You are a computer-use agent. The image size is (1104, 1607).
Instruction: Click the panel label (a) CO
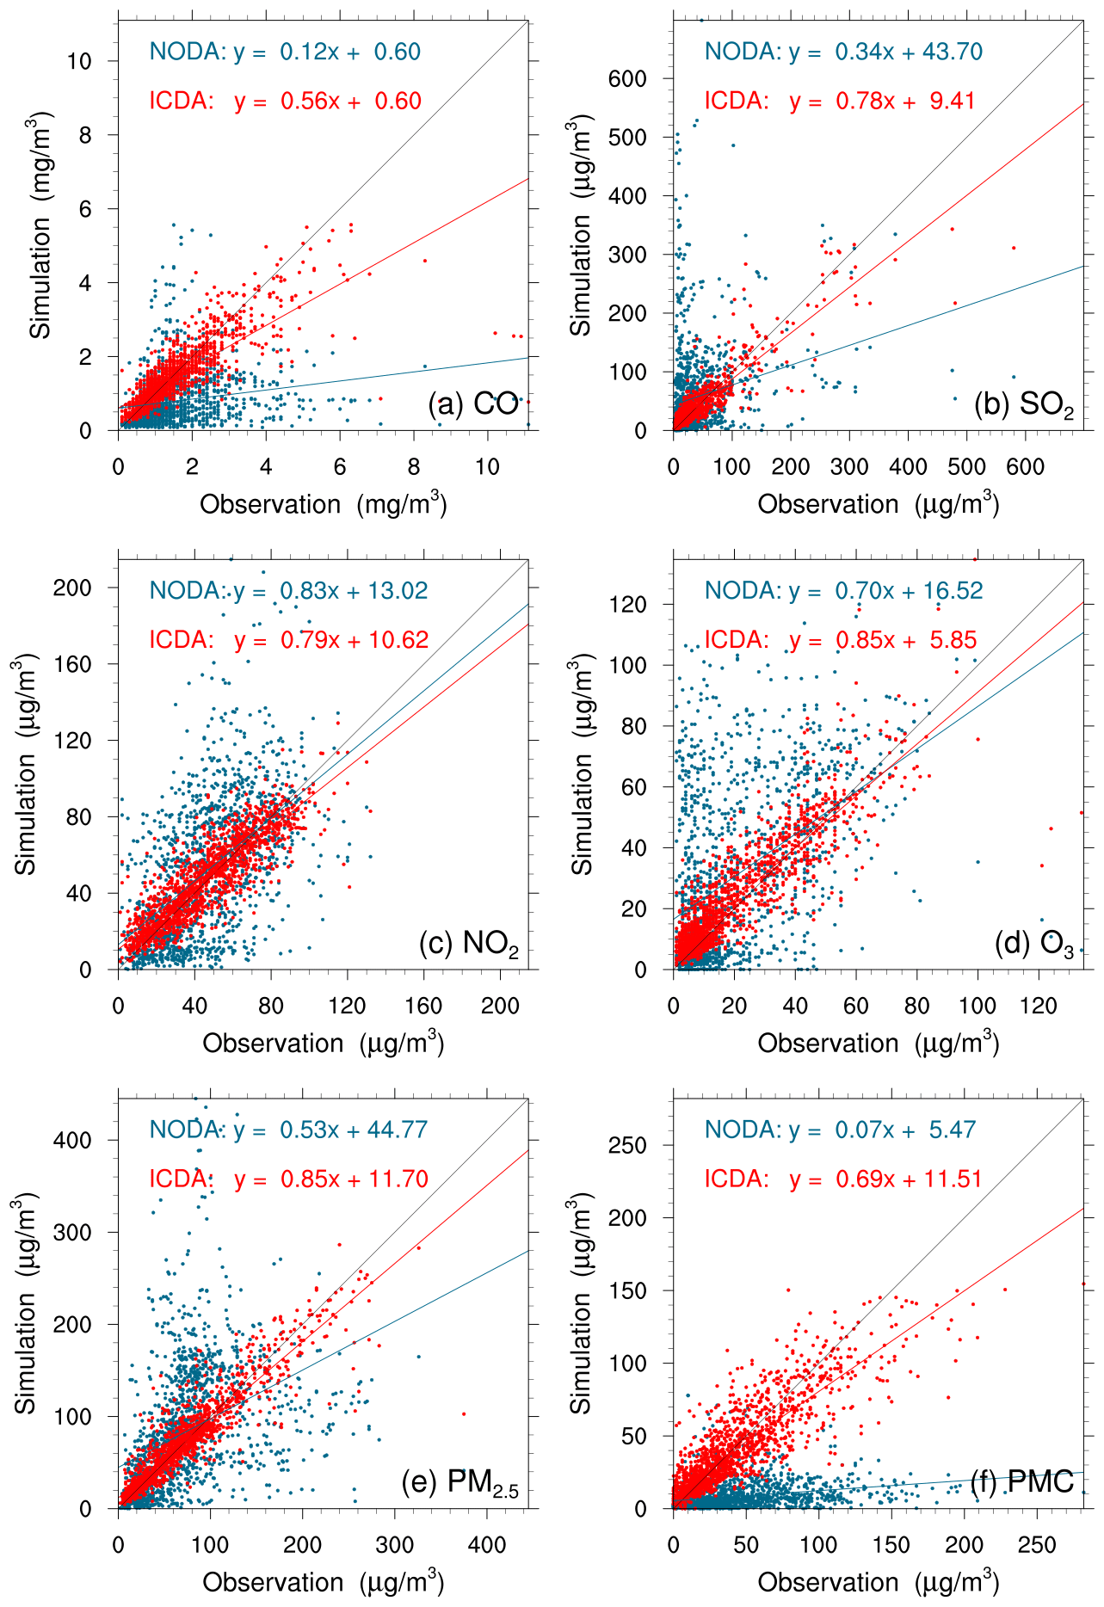(473, 403)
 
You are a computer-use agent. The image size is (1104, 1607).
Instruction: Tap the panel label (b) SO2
(1024, 404)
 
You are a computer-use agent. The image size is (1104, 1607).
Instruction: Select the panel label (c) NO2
(469, 944)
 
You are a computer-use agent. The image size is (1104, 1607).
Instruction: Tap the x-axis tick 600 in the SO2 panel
(1025, 467)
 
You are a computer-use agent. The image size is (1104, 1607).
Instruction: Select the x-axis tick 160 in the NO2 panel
(423, 1007)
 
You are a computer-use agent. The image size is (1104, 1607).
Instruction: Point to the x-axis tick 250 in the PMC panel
(1037, 1546)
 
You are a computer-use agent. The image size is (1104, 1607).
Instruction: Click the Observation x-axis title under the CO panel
(324, 503)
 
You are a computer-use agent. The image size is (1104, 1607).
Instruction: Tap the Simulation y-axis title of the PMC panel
(582, 1303)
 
